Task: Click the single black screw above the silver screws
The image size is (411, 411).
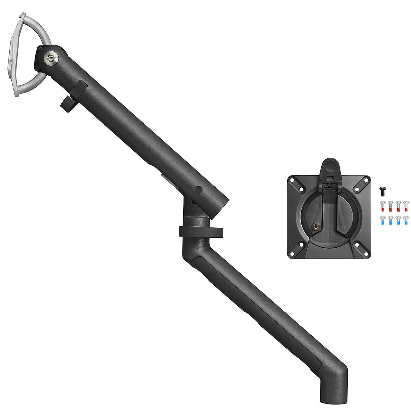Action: pyautogui.click(x=383, y=189)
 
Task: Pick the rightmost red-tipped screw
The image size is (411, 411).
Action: pyautogui.click(x=406, y=206)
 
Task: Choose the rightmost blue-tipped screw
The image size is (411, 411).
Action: pyautogui.click(x=406, y=221)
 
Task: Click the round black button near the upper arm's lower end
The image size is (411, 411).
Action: pyautogui.click(x=198, y=189)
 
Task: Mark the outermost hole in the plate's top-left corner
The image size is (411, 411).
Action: pyautogui.click(x=292, y=179)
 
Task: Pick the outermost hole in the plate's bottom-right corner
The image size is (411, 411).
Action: pyautogui.click(x=367, y=254)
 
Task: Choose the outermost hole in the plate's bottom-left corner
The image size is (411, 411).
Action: pyautogui.click(x=292, y=254)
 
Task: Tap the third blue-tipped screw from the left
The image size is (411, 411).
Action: pyautogui.click(x=398, y=221)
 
